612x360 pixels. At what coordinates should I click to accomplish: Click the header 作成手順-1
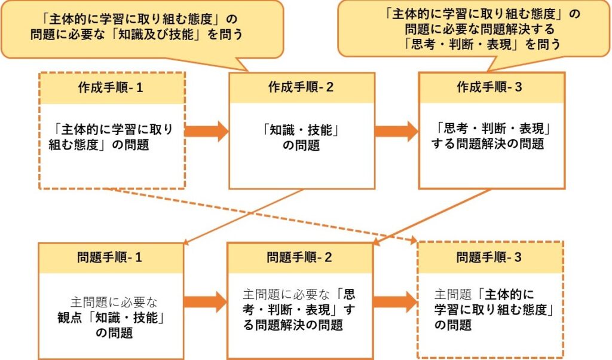click(111, 87)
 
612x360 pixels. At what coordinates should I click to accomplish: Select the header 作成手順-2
click(301, 87)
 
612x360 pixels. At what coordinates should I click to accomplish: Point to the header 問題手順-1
click(111, 258)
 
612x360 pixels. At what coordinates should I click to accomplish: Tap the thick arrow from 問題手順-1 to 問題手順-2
click(205, 301)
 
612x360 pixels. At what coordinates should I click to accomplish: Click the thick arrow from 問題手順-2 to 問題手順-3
click(394, 301)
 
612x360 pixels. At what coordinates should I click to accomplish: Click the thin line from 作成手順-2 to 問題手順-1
click(245, 216)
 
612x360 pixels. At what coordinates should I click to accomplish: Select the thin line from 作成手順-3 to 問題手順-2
click(433, 216)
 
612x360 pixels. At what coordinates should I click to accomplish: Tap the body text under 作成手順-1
click(111, 137)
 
